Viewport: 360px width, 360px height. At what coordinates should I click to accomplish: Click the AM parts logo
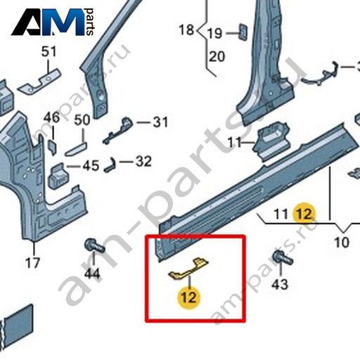[53, 22]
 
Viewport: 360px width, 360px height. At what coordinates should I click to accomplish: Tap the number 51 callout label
[49, 51]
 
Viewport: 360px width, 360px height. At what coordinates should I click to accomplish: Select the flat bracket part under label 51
[39, 81]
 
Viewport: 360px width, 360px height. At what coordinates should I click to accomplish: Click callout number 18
[186, 30]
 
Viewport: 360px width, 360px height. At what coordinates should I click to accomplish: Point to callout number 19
[214, 33]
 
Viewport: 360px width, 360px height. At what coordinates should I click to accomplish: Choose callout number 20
[217, 56]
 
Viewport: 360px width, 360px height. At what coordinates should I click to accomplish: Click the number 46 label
[51, 117]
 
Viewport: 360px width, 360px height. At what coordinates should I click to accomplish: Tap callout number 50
[82, 120]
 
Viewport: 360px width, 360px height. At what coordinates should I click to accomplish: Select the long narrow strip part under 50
[76, 148]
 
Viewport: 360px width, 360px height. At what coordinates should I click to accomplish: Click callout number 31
[160, 122]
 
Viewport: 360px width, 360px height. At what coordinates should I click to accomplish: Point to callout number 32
[143, 162]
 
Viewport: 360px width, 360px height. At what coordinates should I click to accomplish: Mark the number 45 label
[91, 166]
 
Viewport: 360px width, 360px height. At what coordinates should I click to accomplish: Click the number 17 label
[33, 263]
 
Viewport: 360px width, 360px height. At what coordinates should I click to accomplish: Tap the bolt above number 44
[94, 245]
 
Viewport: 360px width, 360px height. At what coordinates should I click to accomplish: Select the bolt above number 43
[283, 257]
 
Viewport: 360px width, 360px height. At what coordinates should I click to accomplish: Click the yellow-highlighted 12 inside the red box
[189, 297]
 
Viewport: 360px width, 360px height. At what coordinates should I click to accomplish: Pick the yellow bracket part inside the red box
[188, 269]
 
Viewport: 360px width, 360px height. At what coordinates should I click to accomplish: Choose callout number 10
[342, 243]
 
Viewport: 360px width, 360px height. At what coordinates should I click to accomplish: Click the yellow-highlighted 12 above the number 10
[304, 214]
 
